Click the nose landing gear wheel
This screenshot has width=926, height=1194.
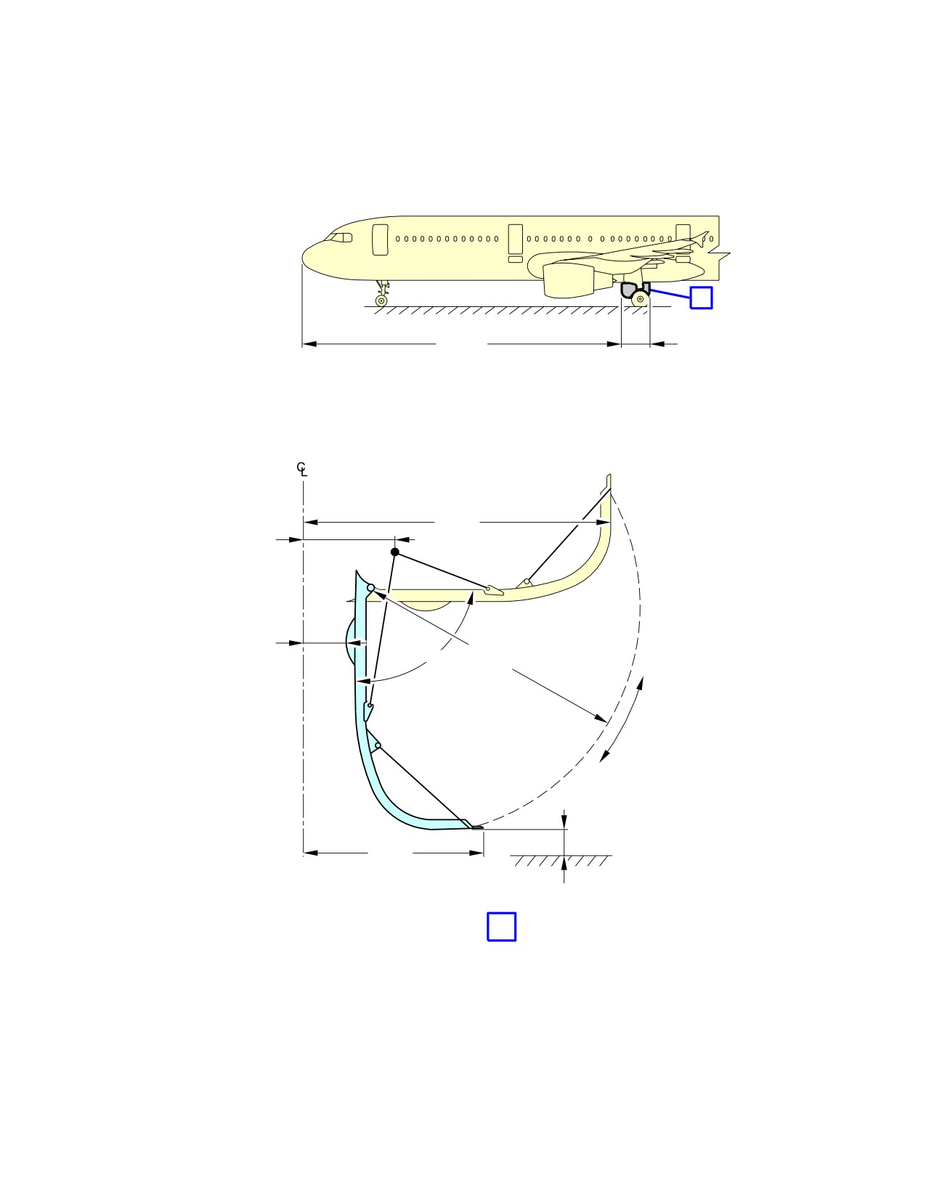[x=381, y=300]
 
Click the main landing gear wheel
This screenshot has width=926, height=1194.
[x=641, y=299]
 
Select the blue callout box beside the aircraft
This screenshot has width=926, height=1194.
[x=702, y=298]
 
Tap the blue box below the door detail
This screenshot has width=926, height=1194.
[x=501, y=927]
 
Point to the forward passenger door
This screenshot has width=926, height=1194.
[x=381, y=240]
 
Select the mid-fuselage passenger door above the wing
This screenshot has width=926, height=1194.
[x=516, y=240]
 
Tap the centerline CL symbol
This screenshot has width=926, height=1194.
[x=301, y=469]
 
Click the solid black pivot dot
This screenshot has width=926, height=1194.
[x=394, y=552]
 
